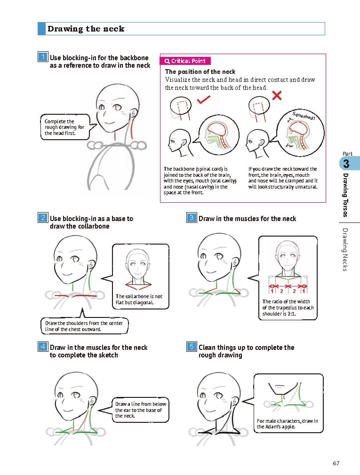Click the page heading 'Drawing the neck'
coord(86,29)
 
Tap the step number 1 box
coord(43,57)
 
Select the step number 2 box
coord(43,218)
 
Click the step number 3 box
coord(192,218)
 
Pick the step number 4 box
coord(43,347)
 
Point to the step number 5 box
coord(192,347)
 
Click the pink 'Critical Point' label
coord(185,61)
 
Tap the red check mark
coord(203,100)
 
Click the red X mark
coord(277,95)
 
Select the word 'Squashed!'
coord(304,116)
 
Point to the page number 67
coord(336,463)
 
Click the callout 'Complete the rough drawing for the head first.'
coord(64,127)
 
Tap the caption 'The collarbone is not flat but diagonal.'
coord(139,299)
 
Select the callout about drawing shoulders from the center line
coord(84,326)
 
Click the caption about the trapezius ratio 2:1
coord(288,308)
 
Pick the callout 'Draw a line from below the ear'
coord(140,410)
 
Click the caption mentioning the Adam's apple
coord(287,424)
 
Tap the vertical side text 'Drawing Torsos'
coord(345,195)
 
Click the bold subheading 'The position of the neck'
coord(200,71)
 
